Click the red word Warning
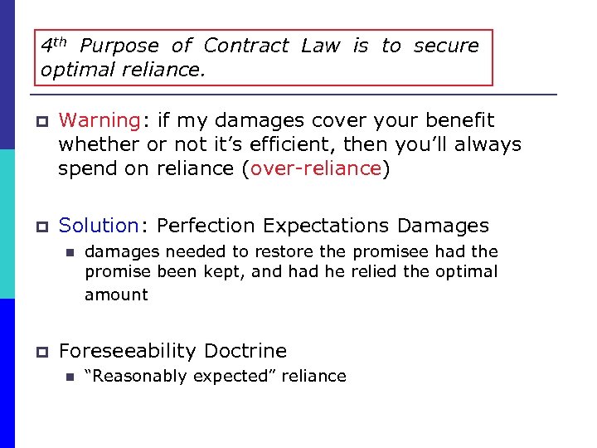pos(99,121)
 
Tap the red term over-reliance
pos(315,169)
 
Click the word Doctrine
pos(245,351)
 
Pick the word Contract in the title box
pos(246,46)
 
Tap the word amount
pos(116,295)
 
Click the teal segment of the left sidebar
pos(7,224)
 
